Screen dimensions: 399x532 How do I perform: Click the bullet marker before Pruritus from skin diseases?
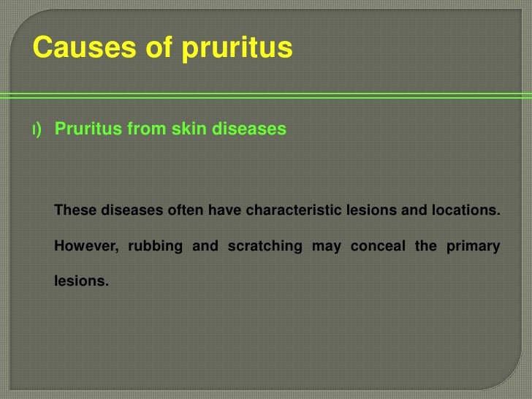pos(37,130)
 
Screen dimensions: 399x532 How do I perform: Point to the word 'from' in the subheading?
pos(147,129)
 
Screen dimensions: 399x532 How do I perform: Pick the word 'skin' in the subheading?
pos(190,129)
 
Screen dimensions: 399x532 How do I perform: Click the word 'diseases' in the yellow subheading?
pos(250,129)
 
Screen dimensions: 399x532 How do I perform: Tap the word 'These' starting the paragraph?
pos(76,210)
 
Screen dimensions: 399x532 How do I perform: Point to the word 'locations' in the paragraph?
pos(468,210)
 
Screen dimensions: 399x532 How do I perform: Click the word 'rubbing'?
pos(155,246)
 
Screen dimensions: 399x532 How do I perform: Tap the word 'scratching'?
pos(265,246)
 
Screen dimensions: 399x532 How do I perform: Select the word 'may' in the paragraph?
pos(326,246)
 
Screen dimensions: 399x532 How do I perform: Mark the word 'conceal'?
pos(377,246)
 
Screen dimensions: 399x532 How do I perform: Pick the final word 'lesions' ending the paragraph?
pos(80,280)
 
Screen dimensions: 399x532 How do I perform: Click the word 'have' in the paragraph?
pos(224,210)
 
